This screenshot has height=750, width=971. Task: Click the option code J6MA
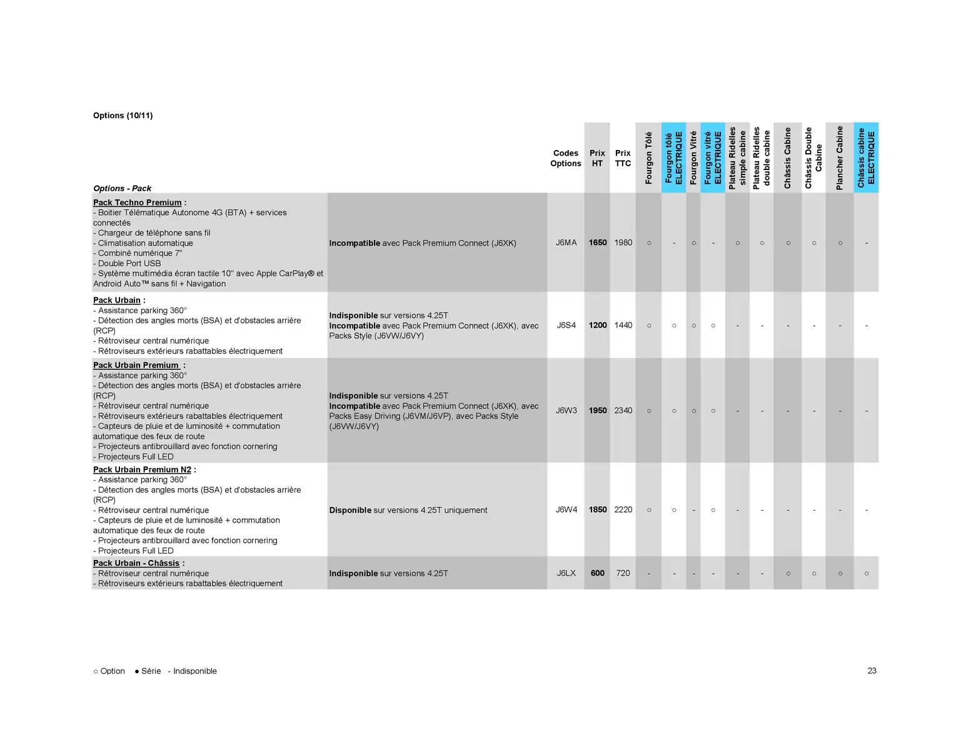tap(566, 242)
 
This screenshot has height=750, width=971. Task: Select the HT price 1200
tap(597, 325)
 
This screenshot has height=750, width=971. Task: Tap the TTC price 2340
tap(623, 411)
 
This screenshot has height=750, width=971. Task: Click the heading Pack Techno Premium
tap(137, 202)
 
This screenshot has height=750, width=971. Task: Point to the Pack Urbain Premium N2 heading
tap(142, 469)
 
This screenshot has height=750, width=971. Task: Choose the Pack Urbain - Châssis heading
tap(136, 563)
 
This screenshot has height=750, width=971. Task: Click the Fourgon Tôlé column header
tap(648, 158)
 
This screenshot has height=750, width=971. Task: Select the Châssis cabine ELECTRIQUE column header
tap(866, 157)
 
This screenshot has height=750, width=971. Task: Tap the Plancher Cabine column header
tap(840, 158)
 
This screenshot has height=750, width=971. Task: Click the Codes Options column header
tap(565, 158)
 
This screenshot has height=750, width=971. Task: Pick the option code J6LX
tap(566, 573)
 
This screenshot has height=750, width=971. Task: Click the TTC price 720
tap(623, 573)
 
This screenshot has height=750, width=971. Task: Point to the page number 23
tap(872, 671)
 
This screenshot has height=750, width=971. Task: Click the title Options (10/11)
tap(123, 116)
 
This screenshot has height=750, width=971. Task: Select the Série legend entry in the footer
tap(148, 671)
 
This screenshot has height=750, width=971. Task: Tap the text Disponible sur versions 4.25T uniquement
tap(408, 510)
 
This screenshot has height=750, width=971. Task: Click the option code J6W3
tap(566, 411)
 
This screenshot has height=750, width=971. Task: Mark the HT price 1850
tap(597, 509)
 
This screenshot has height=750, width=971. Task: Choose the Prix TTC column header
tap(623, 158)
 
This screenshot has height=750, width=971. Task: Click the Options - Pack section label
tap(122, 188)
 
